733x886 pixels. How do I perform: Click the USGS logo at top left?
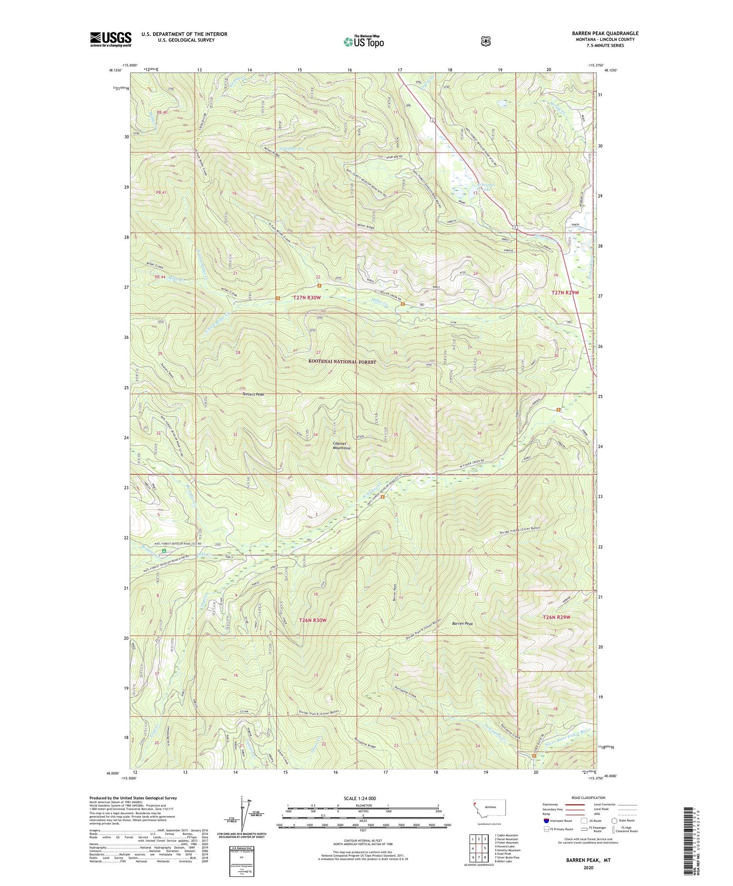(110, 39)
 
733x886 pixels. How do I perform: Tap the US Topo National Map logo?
(364, 42)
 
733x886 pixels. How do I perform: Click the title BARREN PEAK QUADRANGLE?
(605, 33)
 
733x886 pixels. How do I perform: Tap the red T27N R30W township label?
(307, 298)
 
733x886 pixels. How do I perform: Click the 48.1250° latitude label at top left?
(113, 70)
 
